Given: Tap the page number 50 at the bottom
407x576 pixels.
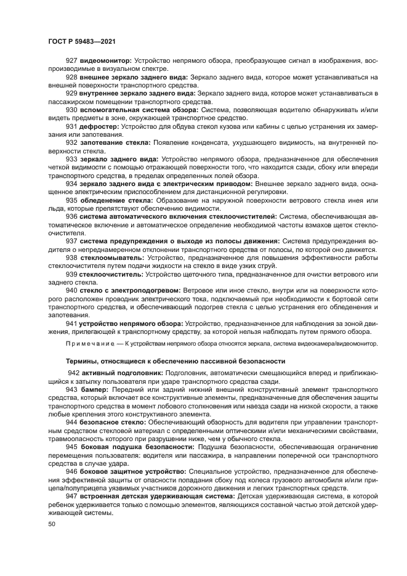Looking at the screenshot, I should [x=51, y=524].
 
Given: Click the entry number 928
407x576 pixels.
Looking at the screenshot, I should [x=72, y=77].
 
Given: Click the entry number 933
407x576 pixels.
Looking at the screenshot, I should [x=72, y=158].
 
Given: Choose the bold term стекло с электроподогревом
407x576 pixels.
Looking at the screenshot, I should [x=130, y=290].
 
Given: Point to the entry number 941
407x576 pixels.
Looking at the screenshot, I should [x=72, y=323].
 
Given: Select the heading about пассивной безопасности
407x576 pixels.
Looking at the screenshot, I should [x=175, y=361].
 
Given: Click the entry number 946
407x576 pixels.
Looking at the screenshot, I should [x=72, y=471].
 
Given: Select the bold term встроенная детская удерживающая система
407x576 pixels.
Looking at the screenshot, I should [x=158, y=495].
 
